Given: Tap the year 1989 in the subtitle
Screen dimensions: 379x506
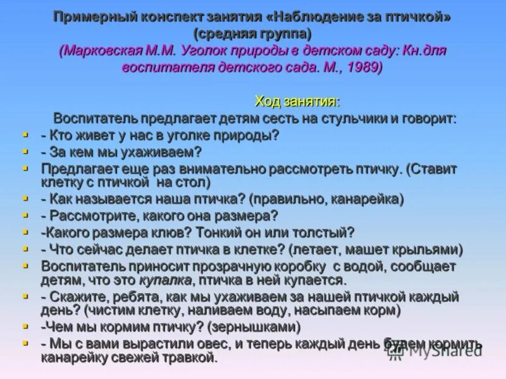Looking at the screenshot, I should point(364,66).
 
